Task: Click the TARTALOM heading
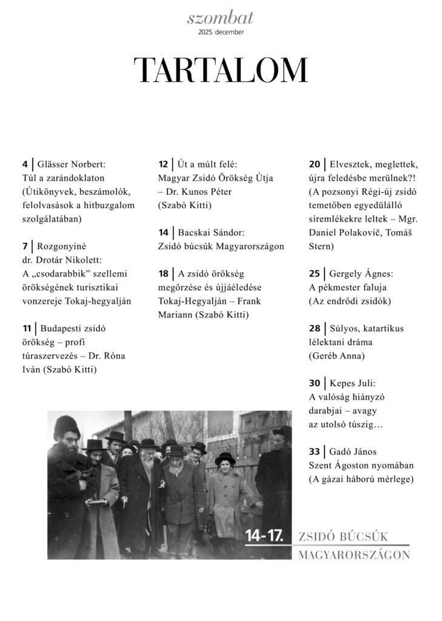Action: coord(220,70)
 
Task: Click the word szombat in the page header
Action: coord(220,18)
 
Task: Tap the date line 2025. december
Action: coord(220,32)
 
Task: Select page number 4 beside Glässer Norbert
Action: coord(24,164)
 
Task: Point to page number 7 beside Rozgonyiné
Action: coord(24,246)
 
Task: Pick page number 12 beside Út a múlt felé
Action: coord(162,164)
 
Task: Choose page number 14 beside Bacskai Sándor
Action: coord(162,232)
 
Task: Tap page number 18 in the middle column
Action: coord(162,274)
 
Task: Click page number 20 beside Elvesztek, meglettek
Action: coord(314,164)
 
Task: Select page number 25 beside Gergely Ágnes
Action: coord(314,274)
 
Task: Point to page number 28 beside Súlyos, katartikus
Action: coord(314,329)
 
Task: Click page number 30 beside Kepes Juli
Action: coord(314,383)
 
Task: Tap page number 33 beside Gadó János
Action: coord(314,452)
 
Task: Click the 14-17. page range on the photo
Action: coord(264,535)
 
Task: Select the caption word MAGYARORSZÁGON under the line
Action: coord(354,555)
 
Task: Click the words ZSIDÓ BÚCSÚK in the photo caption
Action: coord(343,537)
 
